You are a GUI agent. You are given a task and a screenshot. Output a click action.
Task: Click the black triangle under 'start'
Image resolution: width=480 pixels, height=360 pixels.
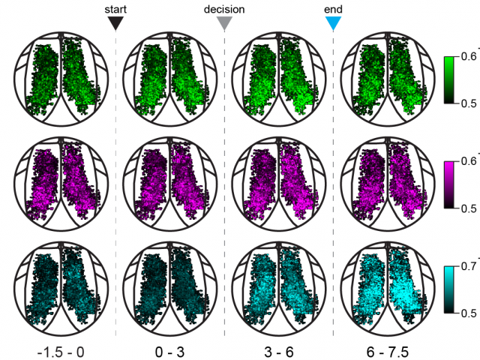coord(115,23)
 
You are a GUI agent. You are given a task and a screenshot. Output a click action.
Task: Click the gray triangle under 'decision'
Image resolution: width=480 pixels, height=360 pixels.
coord(224,23)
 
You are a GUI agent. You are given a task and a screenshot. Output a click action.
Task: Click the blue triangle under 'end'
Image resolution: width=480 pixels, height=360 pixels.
coord(334,23)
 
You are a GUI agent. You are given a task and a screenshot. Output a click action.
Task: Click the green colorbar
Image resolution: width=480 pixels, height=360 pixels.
coord(450,80)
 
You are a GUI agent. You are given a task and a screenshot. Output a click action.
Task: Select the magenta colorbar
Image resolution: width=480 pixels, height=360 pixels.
coord(450,184)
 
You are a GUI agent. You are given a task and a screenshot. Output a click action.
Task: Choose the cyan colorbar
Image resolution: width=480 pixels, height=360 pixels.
coord(450,288)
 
